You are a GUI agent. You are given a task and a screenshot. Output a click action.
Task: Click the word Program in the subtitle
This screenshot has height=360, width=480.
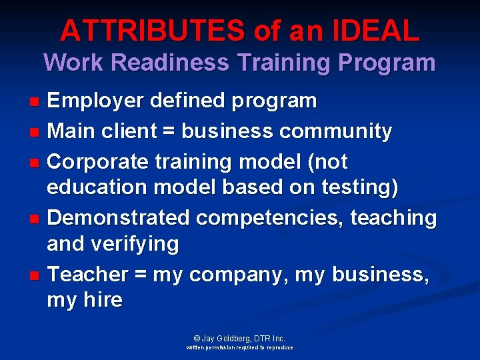tap(387, 63)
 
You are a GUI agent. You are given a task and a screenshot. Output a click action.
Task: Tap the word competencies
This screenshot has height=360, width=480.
tap(269, 217)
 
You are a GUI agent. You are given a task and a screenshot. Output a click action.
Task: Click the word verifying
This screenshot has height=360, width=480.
tap(139, 245)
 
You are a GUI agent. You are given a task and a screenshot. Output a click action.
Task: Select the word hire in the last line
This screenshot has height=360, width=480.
tap(103, 300)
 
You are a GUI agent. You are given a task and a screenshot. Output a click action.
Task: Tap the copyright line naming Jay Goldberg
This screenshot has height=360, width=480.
tap(239, 339)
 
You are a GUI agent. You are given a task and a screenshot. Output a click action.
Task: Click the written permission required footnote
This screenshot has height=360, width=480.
tap(239, 348)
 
